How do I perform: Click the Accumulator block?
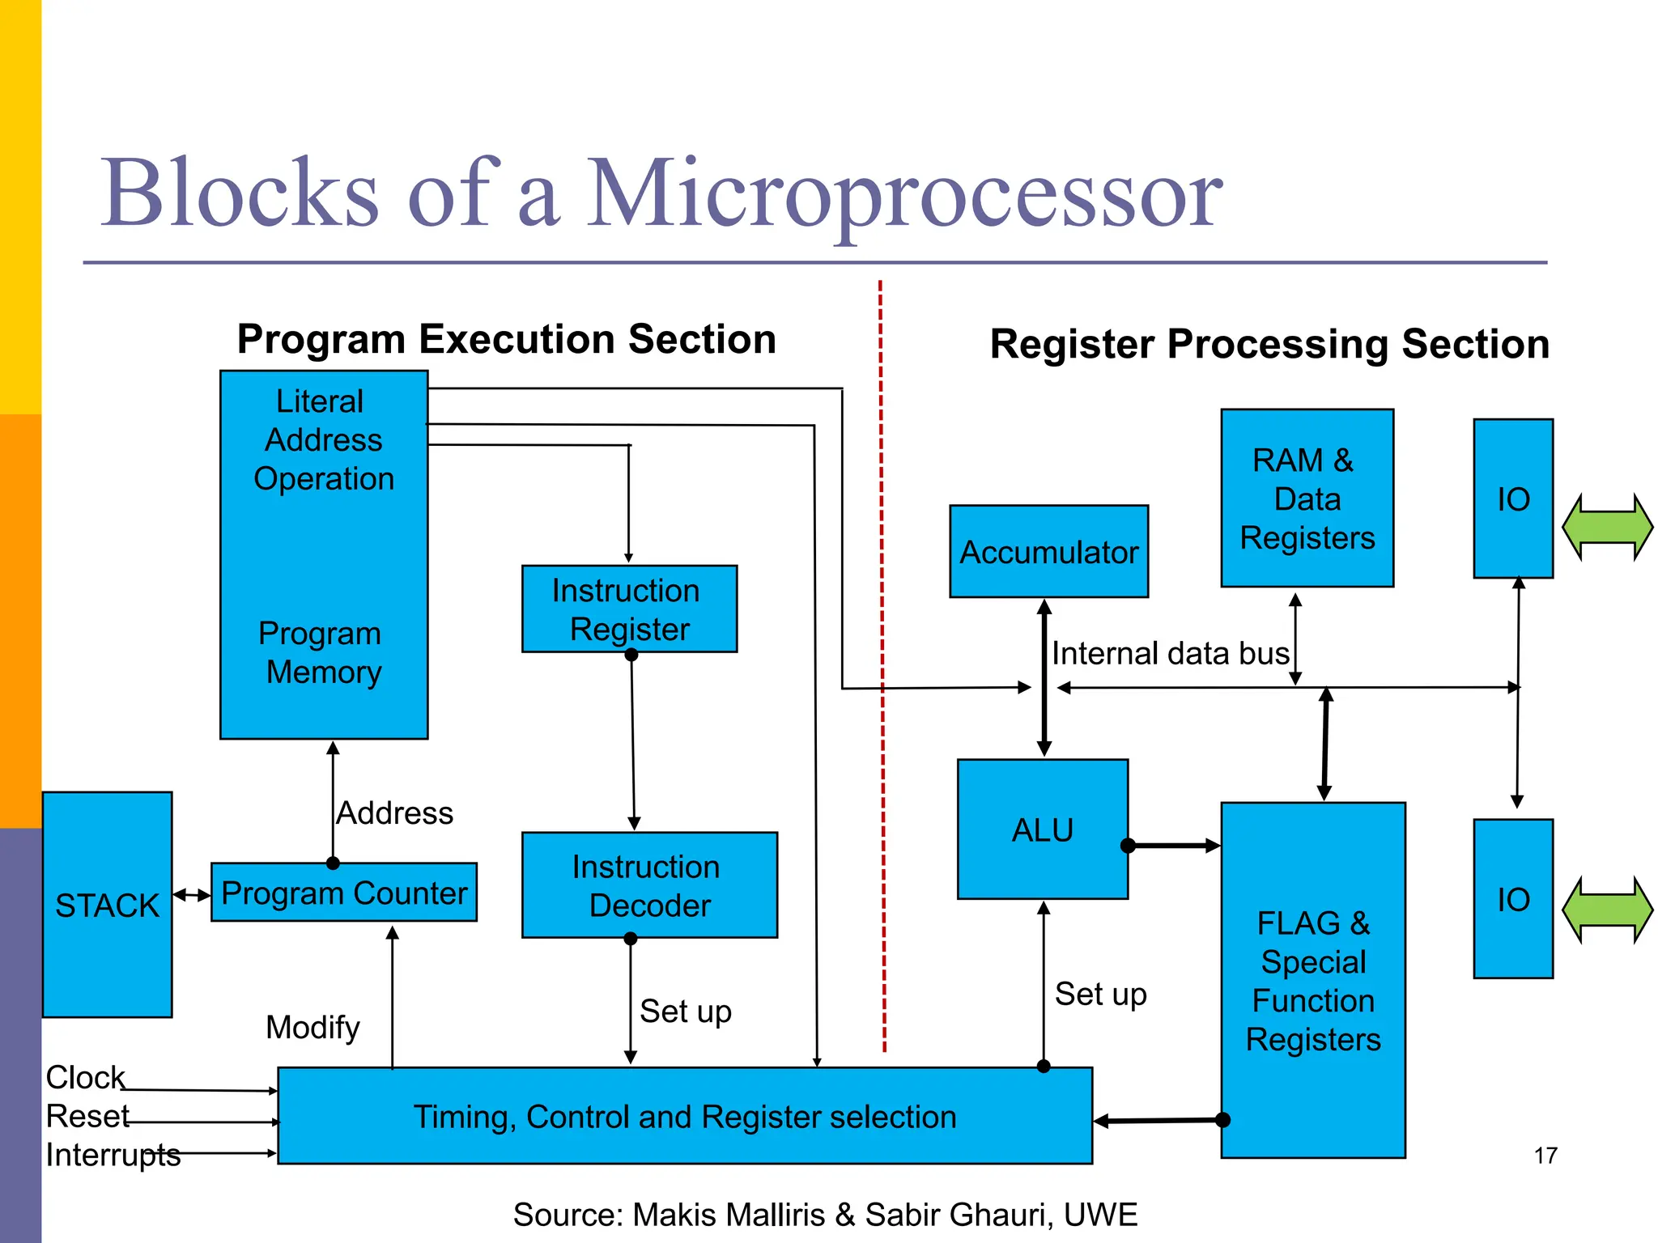point(1048,552)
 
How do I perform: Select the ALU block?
point(1042,829)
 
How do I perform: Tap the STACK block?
point(107,905)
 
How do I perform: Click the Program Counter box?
point(344,893)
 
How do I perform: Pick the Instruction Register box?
point(629,609)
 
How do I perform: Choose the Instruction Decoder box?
point(649,885)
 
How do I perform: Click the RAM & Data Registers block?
point(1307,498)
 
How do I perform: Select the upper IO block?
point(1512,498)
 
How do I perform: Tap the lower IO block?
point(1512,899)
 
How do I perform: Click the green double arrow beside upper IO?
point(1607,527)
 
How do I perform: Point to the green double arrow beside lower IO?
point(1607,910)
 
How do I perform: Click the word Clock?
point(85,1077)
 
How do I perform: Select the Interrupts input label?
point(113,1155)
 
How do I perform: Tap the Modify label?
point(312,1028)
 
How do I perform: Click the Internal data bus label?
point(1170,653)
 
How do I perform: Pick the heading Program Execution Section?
point(506,339)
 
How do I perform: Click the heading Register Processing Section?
point(1269,344)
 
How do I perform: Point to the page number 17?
point(1545,1156)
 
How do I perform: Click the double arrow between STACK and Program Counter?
point(192,895)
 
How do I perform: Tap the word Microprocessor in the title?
point(903,194)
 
